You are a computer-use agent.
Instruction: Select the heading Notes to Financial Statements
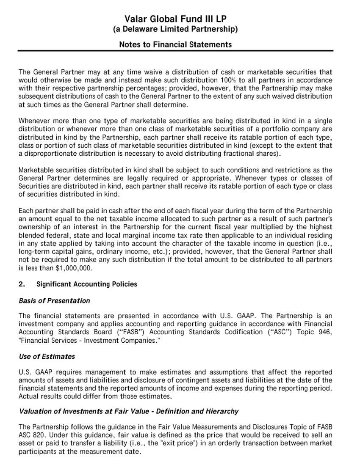click(175, 44)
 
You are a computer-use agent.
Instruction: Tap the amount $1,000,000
click(74, 268)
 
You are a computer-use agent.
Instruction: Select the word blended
click(31, 235)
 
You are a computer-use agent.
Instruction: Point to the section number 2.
click(22, 284)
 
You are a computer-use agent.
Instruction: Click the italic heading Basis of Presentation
click(54, 301)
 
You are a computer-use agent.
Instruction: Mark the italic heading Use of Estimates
click(47, 356)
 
